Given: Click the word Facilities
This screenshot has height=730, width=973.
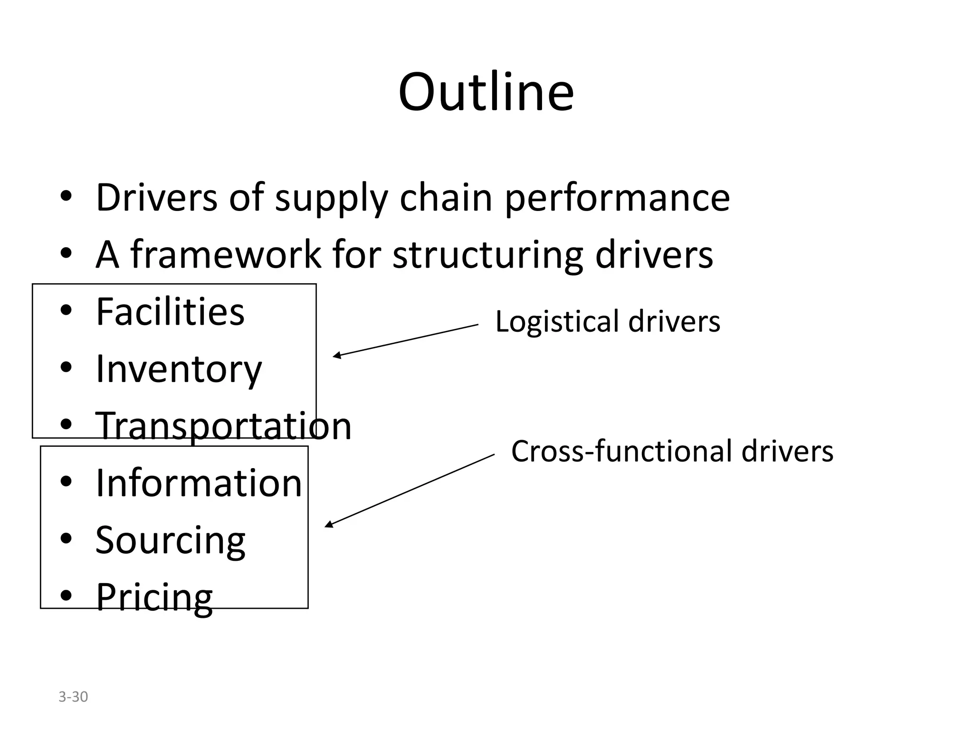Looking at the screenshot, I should coord(170,312).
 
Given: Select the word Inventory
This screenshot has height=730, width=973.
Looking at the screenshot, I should coord(179,369).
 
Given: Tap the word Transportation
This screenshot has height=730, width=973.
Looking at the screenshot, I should coord(223,426).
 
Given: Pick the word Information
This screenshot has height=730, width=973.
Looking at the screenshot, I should coord(199,483).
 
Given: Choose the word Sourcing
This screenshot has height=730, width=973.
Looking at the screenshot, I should coord(170,540).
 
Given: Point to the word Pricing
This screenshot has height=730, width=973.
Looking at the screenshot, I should coord(154,597).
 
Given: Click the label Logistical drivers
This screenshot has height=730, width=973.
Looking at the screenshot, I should coord(608,322).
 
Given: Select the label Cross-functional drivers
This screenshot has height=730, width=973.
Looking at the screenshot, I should coord(672,451).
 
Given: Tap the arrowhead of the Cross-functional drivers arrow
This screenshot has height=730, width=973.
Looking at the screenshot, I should coord(328,525).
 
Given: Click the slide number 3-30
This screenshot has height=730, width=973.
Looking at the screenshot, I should coord(73,697).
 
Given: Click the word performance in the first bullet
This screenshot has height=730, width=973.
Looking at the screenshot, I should coord(617,198).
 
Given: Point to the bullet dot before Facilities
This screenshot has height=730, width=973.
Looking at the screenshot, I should coord(67,310).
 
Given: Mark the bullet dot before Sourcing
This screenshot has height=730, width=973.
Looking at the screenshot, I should coord(67,539).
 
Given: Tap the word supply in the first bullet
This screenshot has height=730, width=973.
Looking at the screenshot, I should coord(331,198).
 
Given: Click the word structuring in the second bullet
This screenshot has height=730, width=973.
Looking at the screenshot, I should coord(488,255).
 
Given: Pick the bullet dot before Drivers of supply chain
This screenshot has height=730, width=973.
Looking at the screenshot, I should coord(67,196).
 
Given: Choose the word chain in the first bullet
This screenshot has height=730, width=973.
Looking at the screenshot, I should coord(446,198).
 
